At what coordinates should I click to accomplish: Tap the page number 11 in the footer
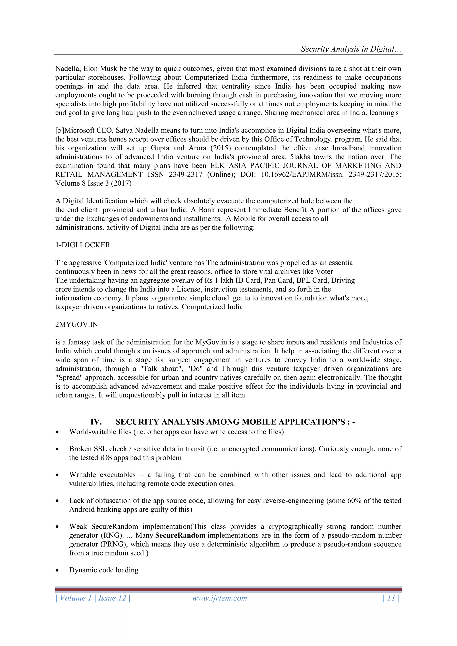(391, 598)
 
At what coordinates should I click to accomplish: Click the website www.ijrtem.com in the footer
(220, 598)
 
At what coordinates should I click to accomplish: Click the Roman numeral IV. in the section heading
(96, 422)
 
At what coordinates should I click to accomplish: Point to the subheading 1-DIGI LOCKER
(83, 245)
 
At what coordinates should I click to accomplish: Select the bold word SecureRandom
(180, 535)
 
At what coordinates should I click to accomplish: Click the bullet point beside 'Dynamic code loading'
(57, 571)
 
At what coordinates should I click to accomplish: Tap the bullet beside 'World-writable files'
(57, 432)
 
